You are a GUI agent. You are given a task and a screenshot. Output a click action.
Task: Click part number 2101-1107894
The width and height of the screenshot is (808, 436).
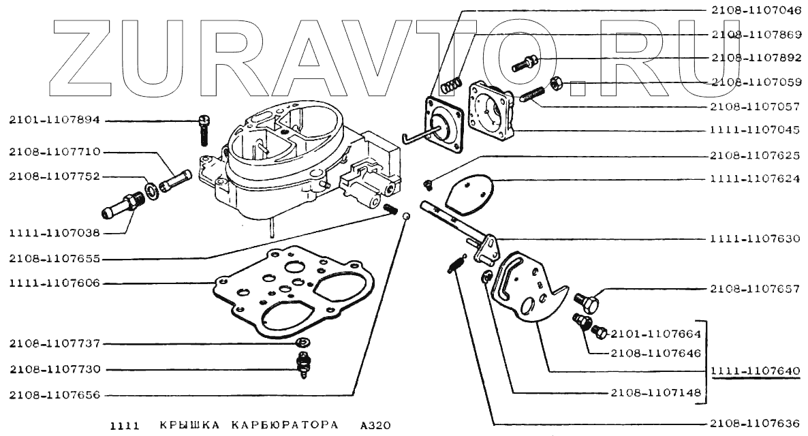[55, 121]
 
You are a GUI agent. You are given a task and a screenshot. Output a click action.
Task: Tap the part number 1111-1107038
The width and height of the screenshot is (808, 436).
[55, 233]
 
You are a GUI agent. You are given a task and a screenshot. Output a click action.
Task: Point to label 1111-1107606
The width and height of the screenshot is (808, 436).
[55, 282]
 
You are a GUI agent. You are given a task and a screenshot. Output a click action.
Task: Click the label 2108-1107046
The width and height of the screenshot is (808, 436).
[755, 12]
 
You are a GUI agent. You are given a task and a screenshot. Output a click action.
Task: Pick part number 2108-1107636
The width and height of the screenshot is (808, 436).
[755, 423]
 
